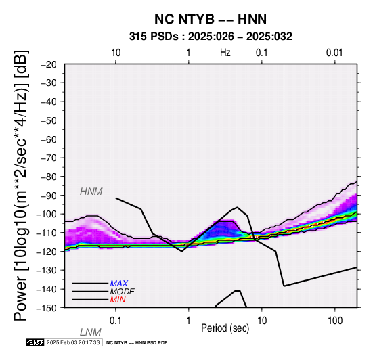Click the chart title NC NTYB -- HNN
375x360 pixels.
click(211, 19)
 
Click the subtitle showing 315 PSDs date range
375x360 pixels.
click(211, 37)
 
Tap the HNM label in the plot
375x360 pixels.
click(91, 192)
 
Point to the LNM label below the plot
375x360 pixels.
click(91, 332)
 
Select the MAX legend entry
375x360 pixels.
click(119, 284)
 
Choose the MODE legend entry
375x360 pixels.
click(123, 292)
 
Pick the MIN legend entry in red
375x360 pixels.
click(118, 300)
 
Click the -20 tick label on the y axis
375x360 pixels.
click(49, 64)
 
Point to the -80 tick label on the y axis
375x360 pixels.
click(49, 177)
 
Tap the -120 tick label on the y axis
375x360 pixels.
click(47, 251)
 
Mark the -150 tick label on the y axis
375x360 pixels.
click(47, 307)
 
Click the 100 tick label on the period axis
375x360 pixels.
click(335, 320)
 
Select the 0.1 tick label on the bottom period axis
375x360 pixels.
click(115, 320)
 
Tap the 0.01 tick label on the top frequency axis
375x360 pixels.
click(334, 53)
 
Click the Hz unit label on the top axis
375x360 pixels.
click(225, 53)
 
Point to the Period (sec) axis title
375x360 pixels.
click(225, 328)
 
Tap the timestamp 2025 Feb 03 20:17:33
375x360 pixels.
click(73, 342)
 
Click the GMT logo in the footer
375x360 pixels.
click(35, 342)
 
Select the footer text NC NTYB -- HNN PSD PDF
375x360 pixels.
click(137, 343)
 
